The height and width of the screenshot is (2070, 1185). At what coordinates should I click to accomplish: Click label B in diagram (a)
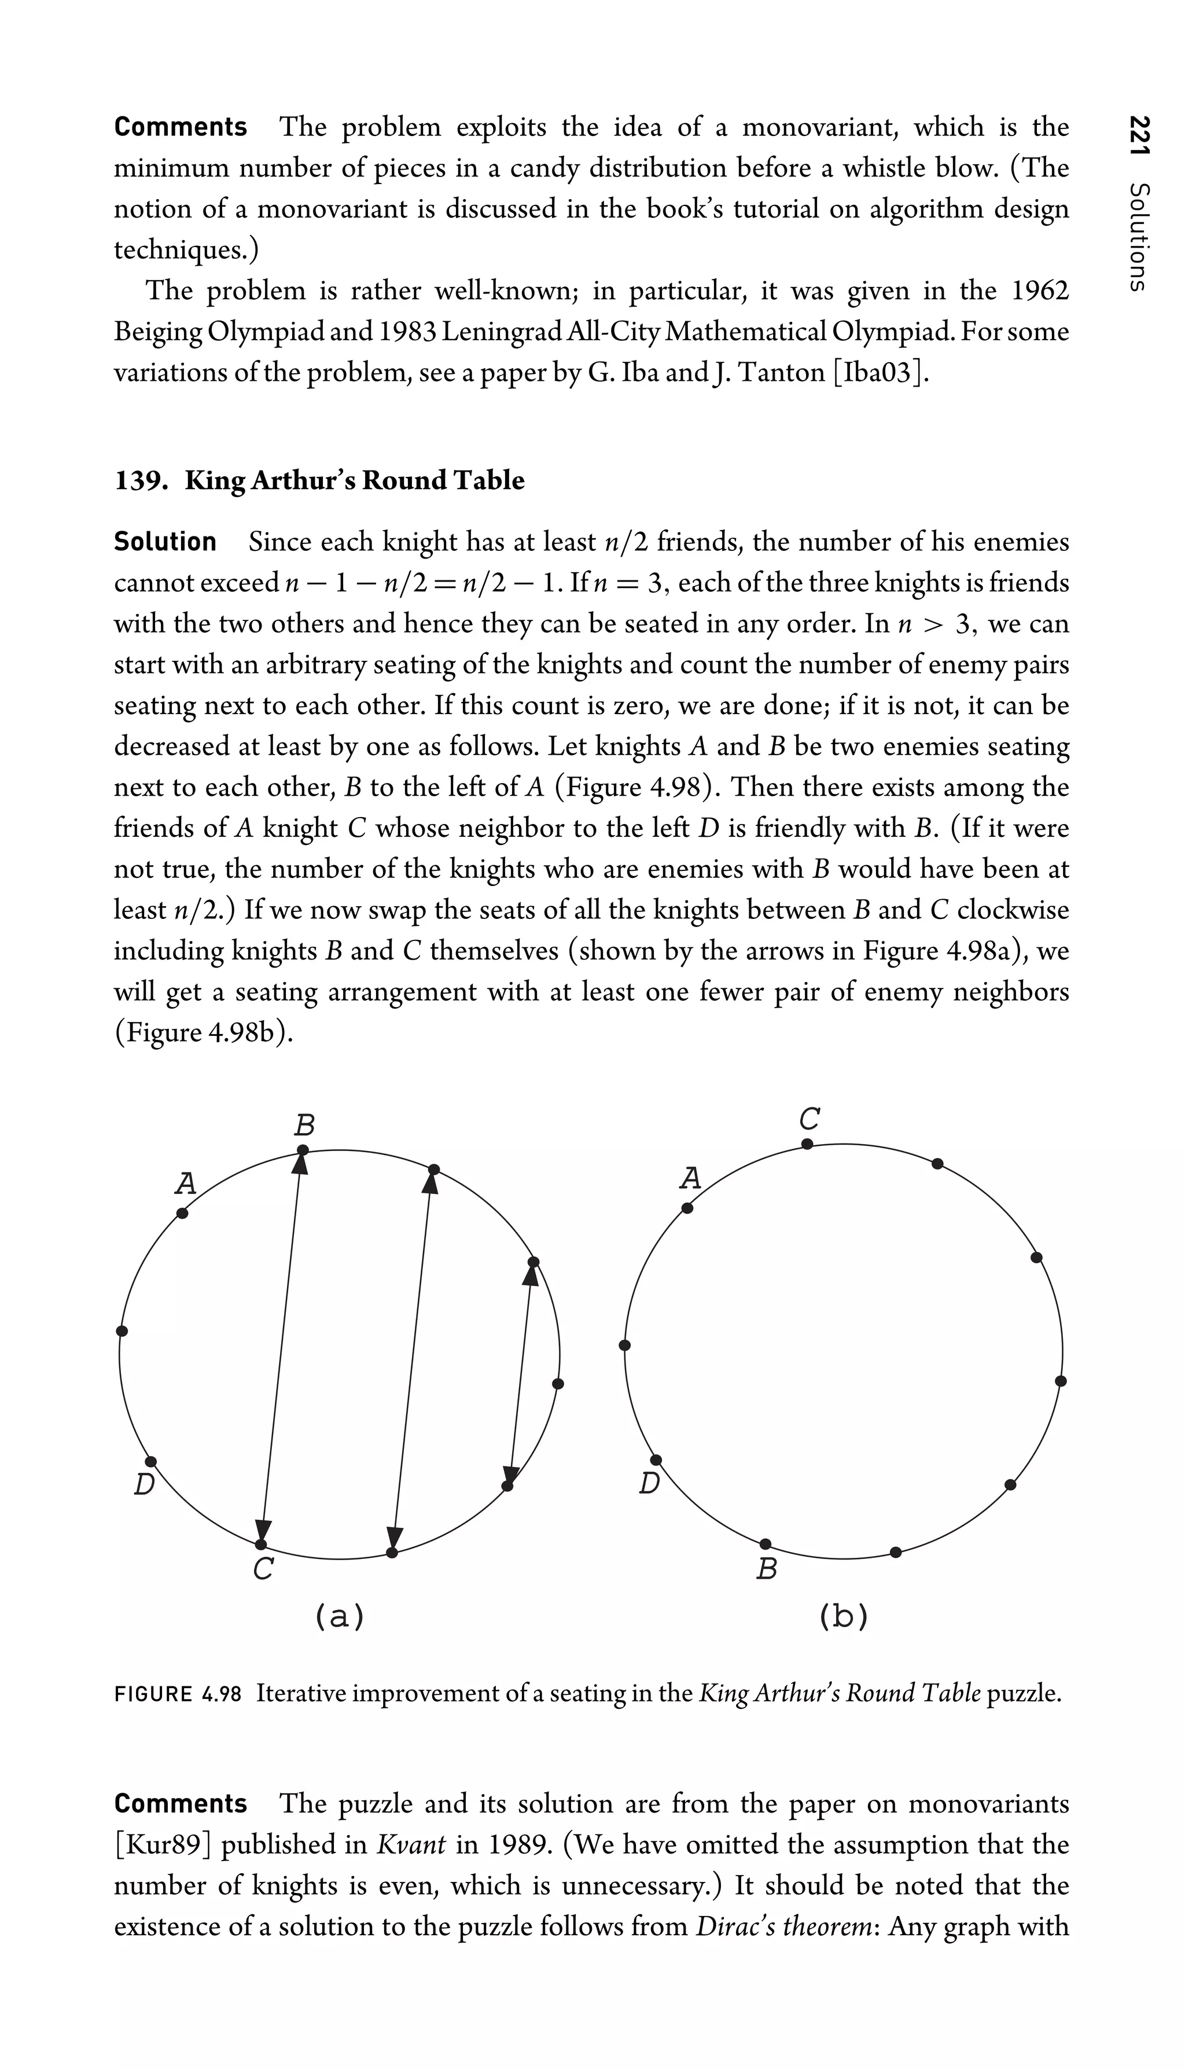pyautogui.click(x=304, y=1126)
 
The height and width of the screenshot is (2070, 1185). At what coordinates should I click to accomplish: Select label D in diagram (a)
pyautogui.click(x=144, y=1485)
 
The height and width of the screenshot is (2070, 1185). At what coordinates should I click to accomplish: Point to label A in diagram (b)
pyautogui.click(x=690, y=1178)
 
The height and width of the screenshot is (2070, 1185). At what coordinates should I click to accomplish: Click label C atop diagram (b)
pyautogui.click(x=808, y=1119)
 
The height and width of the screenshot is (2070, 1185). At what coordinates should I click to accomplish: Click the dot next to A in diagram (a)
pyautogui.click(x=182, y=1213)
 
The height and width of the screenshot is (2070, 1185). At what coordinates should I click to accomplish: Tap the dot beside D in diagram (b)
pyautogui.click(x=656, y=1459)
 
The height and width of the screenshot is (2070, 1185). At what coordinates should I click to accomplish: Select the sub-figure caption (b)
pyautogui.click(x=843, y=1616)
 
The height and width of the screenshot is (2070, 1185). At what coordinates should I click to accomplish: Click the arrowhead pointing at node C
pyautogui.click(x=263, y=1529)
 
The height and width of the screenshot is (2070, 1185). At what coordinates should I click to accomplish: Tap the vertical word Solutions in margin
pyautogui.click(x=1139, y=236)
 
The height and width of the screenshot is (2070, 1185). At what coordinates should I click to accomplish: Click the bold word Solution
pyautogui.click(x=165, y=541)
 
